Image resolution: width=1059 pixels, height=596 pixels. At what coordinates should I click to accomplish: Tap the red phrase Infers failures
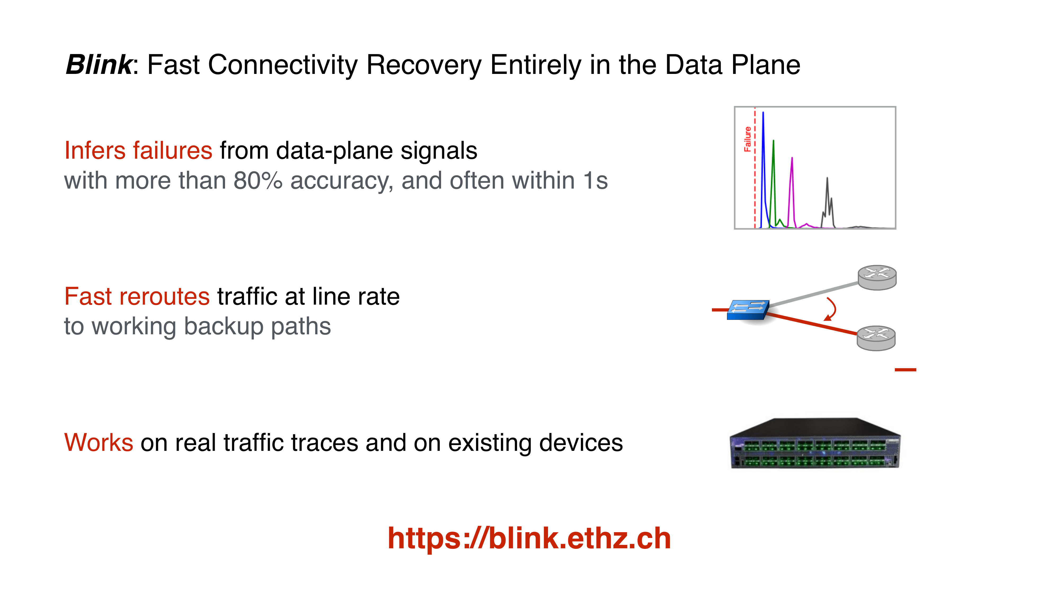coord(138,150)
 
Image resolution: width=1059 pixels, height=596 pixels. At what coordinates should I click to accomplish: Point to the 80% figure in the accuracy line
coord(258,181)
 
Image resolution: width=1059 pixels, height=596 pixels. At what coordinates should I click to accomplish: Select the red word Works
coord(99,443)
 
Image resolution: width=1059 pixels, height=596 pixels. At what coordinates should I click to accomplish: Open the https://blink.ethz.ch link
coord(529,539)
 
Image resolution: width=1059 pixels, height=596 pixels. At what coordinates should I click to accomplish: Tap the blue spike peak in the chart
coord(763,112)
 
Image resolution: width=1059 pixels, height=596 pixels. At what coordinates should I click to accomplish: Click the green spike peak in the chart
coord(773,141)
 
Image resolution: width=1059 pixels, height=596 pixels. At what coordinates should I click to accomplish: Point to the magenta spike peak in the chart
coord(792,158)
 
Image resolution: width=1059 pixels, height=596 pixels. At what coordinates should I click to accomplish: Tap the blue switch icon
coord(748,310)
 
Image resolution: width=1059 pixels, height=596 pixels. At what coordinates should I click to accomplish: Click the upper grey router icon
coord(877,278)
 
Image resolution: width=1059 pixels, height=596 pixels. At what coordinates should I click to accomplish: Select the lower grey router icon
coord(876,338)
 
